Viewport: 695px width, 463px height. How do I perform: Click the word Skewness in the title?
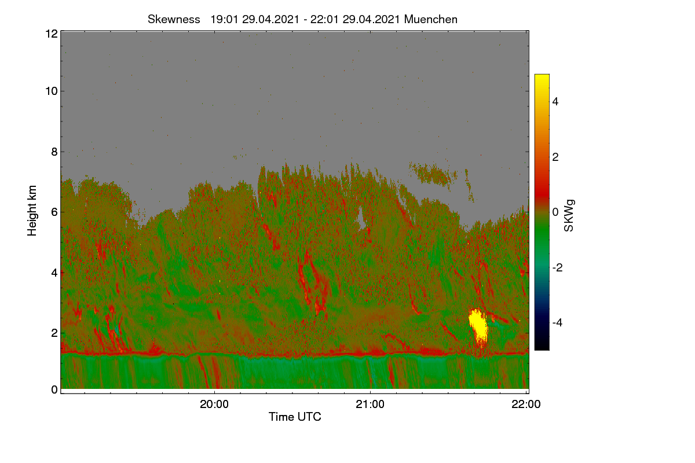[174, 19]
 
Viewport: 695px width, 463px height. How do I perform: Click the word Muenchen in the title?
[431, 19]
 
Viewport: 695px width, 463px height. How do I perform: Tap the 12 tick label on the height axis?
[52, 34]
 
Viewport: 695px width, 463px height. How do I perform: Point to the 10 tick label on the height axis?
[52, 91]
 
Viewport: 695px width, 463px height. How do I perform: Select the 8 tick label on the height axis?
[54, 152]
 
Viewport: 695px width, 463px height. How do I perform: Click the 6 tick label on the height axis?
[54, 212]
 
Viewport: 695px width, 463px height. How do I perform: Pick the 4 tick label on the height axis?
[54, 273]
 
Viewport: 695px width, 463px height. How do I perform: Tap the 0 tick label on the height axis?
[54, 389]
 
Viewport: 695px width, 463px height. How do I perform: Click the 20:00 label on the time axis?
[214, 404]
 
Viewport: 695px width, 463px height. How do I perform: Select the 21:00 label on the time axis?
[370, 404]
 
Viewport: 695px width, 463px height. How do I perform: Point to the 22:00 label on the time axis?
[526, 404]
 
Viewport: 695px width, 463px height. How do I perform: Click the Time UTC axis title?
[295, 417]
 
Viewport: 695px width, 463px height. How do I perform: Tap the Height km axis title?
[32, 211]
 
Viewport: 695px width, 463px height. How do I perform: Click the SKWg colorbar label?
[569, 216]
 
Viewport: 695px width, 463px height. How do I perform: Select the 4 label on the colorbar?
[555, 101]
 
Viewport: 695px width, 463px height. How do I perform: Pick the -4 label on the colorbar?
[557, 323]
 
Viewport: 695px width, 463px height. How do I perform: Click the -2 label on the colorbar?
[557, 267]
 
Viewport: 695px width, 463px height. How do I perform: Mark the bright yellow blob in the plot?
[478, 326]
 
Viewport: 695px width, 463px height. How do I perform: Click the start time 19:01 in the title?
[224, 19]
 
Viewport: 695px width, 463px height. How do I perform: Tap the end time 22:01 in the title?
[324, 19]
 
